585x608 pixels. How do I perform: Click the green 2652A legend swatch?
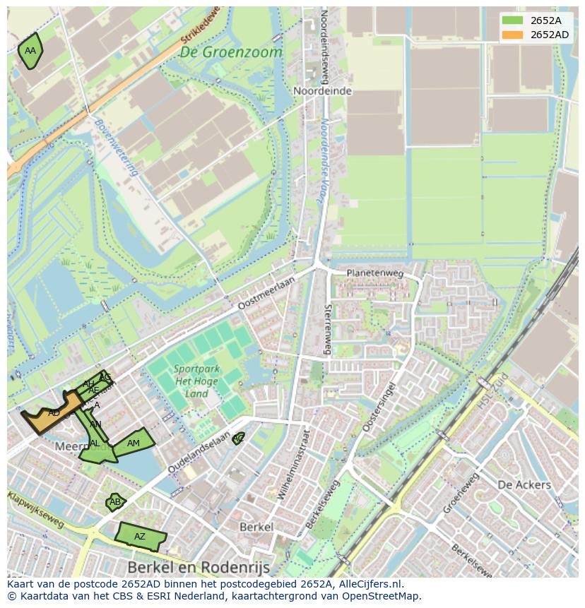(x=512, y=20)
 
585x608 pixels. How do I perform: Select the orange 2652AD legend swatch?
(x=512, y=35)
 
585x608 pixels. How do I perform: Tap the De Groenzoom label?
(x=230, y=52)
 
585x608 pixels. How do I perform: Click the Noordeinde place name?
(x=321, y=92)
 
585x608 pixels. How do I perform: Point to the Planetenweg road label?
(x=374, y=273)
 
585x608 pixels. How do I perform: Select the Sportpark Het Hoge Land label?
(x=197, y=382)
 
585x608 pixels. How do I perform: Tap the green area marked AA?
(x=30, y=51)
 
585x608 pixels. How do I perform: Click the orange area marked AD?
(x=53, y=413)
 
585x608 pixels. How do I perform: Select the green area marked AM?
(x=133, y=443)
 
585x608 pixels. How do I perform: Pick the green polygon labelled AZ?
(x=140, y=537)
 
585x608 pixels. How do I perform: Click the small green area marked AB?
(x=114, y=502)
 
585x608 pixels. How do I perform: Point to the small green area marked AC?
(x=239, y=439)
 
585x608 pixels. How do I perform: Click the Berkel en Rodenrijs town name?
(x=199, y=567)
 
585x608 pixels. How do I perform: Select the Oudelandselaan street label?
(x=200, y=453)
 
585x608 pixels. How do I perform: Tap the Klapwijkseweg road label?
(x=35, y=510)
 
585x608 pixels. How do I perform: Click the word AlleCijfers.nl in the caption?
(x=368, y=584)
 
